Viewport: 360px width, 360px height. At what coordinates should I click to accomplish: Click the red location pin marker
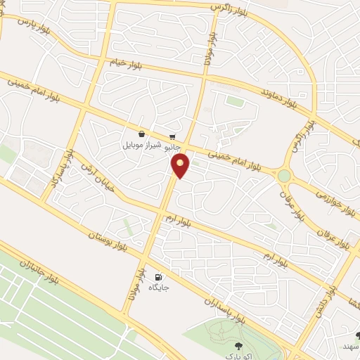point(181,165)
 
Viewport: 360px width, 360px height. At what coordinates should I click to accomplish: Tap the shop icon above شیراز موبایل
point(142,134)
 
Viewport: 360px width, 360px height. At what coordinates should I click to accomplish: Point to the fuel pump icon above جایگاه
point(158,277)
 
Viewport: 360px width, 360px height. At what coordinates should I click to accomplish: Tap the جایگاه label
point(159,288)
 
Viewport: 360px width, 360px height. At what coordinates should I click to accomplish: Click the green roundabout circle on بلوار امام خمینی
point(284,175)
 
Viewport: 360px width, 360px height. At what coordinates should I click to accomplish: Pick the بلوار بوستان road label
point(106,240)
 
